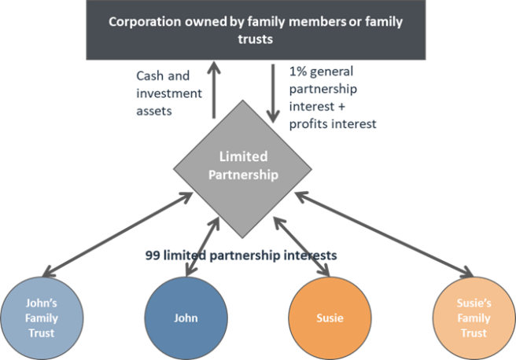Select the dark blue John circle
(186, 318)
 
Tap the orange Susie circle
(329, 318)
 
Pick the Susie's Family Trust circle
(473, 318)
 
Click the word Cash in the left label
(150, 76)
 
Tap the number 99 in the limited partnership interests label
(153, 255)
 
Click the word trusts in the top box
(257, 39)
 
